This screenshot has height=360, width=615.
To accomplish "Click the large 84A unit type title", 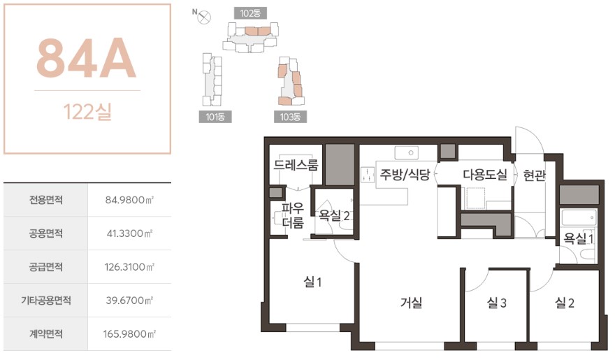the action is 86,58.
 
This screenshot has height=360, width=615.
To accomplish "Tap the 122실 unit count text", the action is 87,112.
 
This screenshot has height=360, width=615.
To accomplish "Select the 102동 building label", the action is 250,13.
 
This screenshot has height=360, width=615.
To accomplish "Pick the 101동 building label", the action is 215,117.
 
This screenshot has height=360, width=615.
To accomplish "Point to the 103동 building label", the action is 290,117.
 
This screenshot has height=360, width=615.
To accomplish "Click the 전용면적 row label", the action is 46,200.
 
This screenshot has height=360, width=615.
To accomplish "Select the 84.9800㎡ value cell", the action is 129,200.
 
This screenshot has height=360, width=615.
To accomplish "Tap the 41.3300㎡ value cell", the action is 129,233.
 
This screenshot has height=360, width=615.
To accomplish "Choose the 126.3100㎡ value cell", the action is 129,267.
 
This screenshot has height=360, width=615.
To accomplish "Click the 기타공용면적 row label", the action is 46,301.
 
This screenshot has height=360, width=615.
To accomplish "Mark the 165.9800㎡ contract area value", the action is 129,334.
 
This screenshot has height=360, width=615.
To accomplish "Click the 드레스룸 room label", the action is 296,165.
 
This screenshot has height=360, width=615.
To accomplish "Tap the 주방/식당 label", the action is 405,174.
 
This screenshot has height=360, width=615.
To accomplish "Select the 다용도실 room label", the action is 485,174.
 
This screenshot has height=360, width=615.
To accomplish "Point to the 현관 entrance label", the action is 534,175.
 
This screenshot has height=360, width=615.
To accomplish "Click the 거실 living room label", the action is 411,303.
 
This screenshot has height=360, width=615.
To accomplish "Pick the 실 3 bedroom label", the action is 497,303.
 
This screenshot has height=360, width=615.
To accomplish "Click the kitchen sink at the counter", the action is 406,153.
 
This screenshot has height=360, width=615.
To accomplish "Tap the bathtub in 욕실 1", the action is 578,217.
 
